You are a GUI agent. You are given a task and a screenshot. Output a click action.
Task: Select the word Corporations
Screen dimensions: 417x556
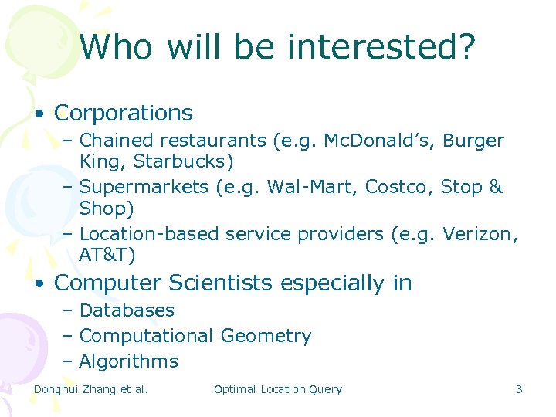tap(124, 113)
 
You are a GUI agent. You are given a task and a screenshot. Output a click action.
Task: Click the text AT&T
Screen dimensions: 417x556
tap(107, 254)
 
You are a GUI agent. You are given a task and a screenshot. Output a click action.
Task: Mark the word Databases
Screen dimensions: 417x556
tap(127, 310)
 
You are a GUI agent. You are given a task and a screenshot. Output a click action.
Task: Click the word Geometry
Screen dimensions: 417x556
tap(266, 336)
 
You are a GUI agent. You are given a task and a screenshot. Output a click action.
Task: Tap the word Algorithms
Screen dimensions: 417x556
tap(129, 361)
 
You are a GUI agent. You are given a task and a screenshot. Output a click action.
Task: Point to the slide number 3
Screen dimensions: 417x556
tap(519, 389)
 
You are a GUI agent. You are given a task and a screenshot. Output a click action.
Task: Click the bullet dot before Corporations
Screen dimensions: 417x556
tap(38, 114)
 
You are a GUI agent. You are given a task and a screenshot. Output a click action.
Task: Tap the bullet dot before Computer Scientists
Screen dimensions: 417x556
tap(38, 284)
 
